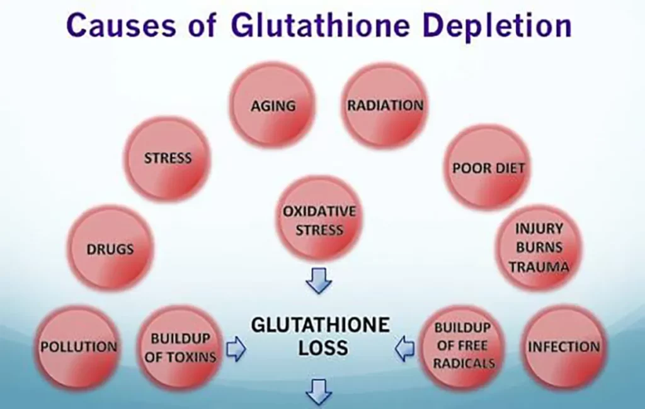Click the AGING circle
tap(273, 105)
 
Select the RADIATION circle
tap(385, 105)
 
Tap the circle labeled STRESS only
tap(168, 159)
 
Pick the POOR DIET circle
tap(488, 168)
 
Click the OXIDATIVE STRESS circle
tap(319, 220)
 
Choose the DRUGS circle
tap(110, 249)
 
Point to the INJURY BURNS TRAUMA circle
tap(539, 247)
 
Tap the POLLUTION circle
tap(78, 347)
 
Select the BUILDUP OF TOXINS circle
tap(180, 348)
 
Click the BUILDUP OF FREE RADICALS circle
tap(462, 346)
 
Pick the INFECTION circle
tap(564, 347)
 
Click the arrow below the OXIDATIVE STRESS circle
tap(319, 281)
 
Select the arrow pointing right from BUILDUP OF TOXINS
tap(236, 349)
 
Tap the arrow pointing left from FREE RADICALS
tap(405, 349)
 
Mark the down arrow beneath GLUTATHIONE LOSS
tap(319, 393)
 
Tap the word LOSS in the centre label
tap(323, 348)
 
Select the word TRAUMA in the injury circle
tap(539, 267)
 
